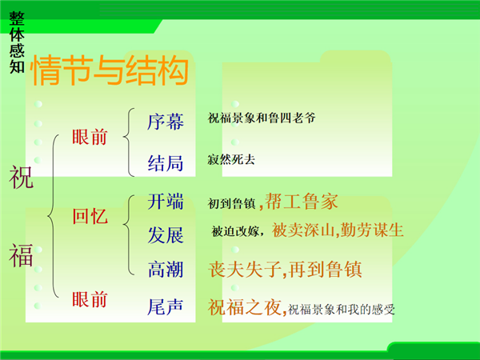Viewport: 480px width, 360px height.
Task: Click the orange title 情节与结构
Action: (x=110, y=70)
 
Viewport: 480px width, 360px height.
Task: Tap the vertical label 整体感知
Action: (x=17, y=42)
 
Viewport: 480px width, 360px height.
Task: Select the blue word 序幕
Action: (x=166, y=122)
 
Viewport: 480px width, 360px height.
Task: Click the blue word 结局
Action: (x=166, y=163)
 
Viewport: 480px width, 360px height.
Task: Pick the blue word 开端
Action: (x=166, y=202)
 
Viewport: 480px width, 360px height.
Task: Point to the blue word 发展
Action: (x=166, y=235)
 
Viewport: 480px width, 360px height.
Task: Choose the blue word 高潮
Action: (x=166, y=270)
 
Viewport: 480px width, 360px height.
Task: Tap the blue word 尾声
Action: (x=166, y=306)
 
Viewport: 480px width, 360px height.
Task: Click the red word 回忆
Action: (x=90, y=216)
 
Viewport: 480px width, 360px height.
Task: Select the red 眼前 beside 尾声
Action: (x=90, y=299)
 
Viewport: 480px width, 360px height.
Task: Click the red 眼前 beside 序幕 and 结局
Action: (x=90, y=137)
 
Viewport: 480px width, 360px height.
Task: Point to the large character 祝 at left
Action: (x=21, y=178)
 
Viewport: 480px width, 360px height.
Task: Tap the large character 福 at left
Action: (x=21, y=256)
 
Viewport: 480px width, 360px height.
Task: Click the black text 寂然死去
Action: (x=231, y=159)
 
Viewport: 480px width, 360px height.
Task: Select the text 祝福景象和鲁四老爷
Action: (x=262, y=118)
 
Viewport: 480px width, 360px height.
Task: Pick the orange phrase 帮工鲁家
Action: (x=302, y=202)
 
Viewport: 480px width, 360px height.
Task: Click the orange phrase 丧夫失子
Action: (x=245, y=270)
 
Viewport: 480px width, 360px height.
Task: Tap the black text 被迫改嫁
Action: (x=235, y=231)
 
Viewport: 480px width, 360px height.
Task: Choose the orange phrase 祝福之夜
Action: (x=245, y=307)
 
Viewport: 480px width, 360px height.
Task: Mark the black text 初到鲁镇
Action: (x=231, y=203)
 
